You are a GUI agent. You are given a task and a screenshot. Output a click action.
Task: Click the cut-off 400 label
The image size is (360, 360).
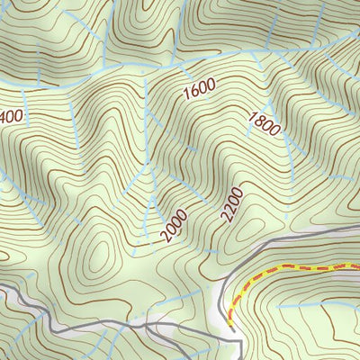coord(11,116)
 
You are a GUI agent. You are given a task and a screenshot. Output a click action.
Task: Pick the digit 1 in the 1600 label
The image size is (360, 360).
coord(186,96)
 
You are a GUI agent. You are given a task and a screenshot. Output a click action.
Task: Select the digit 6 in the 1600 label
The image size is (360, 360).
coord(194,93)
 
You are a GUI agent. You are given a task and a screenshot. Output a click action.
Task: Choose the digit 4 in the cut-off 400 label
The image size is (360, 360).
coord(4,117)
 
